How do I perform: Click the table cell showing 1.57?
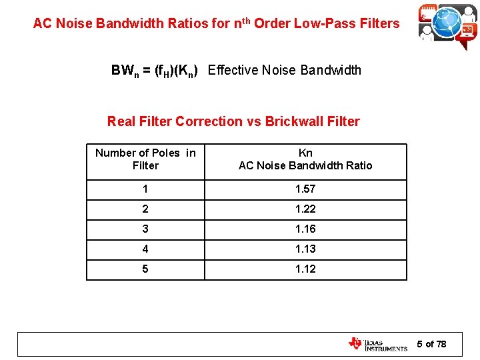(305, 189)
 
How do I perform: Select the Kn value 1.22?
(305, 209)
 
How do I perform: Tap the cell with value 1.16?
(305, 229)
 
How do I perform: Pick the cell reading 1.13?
(305, 249)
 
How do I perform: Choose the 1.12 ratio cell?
(305, 269)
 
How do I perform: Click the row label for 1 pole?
(145, 189)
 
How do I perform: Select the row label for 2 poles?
(145, 209)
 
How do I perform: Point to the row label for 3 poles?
(145, 229)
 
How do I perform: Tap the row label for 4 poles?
(145, 249)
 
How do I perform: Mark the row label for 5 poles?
(145, 269)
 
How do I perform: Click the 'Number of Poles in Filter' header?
(145, 159)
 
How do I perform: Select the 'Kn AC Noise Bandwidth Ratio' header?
(305, 159)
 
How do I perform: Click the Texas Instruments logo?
(377, 344)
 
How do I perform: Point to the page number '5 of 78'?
(431, 344)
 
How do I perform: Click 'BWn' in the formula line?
(125, 71)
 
